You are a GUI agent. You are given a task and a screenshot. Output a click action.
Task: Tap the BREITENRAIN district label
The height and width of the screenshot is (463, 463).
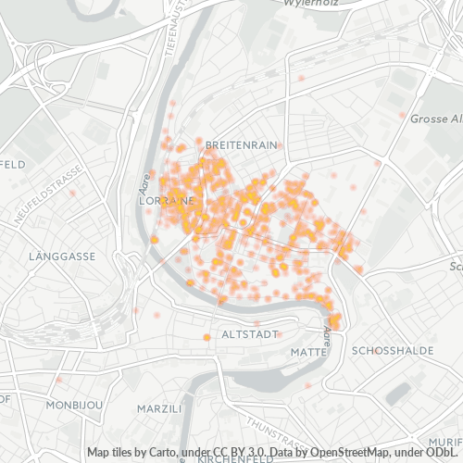point(241,145)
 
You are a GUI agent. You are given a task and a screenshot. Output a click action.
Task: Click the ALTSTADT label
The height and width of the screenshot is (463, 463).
point(245,333)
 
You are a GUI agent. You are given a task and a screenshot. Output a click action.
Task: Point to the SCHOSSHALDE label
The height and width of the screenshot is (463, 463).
point(387,351)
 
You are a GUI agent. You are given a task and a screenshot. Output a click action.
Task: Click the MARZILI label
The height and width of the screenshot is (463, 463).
point(158,408)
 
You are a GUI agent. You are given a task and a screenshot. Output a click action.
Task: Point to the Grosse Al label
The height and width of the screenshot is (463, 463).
point(435,119)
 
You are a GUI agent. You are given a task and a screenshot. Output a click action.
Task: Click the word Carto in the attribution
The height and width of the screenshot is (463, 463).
point(159,452)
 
